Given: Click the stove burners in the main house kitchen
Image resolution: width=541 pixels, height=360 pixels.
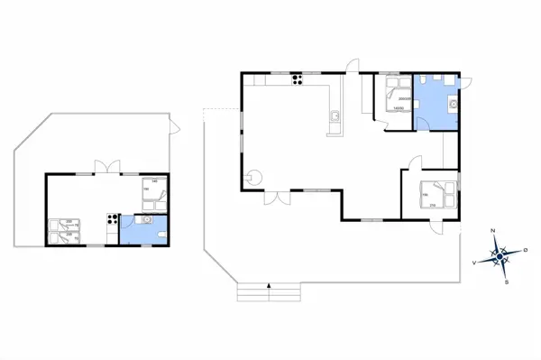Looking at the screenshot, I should click(296, 82).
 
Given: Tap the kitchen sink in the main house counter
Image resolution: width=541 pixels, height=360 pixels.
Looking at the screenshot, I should click(334, 115).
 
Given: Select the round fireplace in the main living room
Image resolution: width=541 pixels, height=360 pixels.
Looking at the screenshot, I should click(255, 177).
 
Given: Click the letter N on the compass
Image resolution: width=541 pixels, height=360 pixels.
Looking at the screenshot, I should click(493, 231).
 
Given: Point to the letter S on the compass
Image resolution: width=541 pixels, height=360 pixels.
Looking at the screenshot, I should click(508, 282).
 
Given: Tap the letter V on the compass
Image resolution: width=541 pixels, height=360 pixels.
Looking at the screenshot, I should click(474, 263).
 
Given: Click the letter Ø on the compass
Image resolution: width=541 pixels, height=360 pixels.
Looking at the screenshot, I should click(526, 250).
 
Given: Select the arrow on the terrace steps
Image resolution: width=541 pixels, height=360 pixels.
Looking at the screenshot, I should click(269, 287).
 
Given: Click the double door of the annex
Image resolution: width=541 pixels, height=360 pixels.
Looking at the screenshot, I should click(105, 167).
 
